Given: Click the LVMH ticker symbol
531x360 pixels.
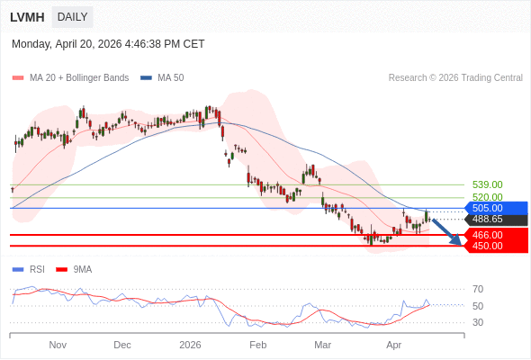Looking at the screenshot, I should pos(27,17).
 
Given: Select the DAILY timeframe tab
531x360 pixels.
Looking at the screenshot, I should pos(72,17).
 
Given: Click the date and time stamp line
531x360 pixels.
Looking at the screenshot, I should pos(108,43).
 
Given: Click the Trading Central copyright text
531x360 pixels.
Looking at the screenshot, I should pos(455,78).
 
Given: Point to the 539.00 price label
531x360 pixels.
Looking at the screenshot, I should pos(487,184).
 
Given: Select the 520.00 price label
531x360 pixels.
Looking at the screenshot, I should pos(487,197).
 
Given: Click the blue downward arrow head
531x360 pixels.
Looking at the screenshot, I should pos(457,240).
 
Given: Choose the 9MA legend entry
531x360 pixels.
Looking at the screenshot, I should pos(82,269).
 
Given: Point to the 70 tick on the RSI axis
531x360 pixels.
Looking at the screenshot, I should pos(478,290).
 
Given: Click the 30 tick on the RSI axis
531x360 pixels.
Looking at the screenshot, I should pos(478,322).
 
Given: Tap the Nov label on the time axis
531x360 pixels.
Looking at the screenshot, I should pos(58,345).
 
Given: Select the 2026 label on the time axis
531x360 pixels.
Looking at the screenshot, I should pos(190,345).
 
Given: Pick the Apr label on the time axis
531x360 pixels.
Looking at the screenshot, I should pos(393,345).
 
